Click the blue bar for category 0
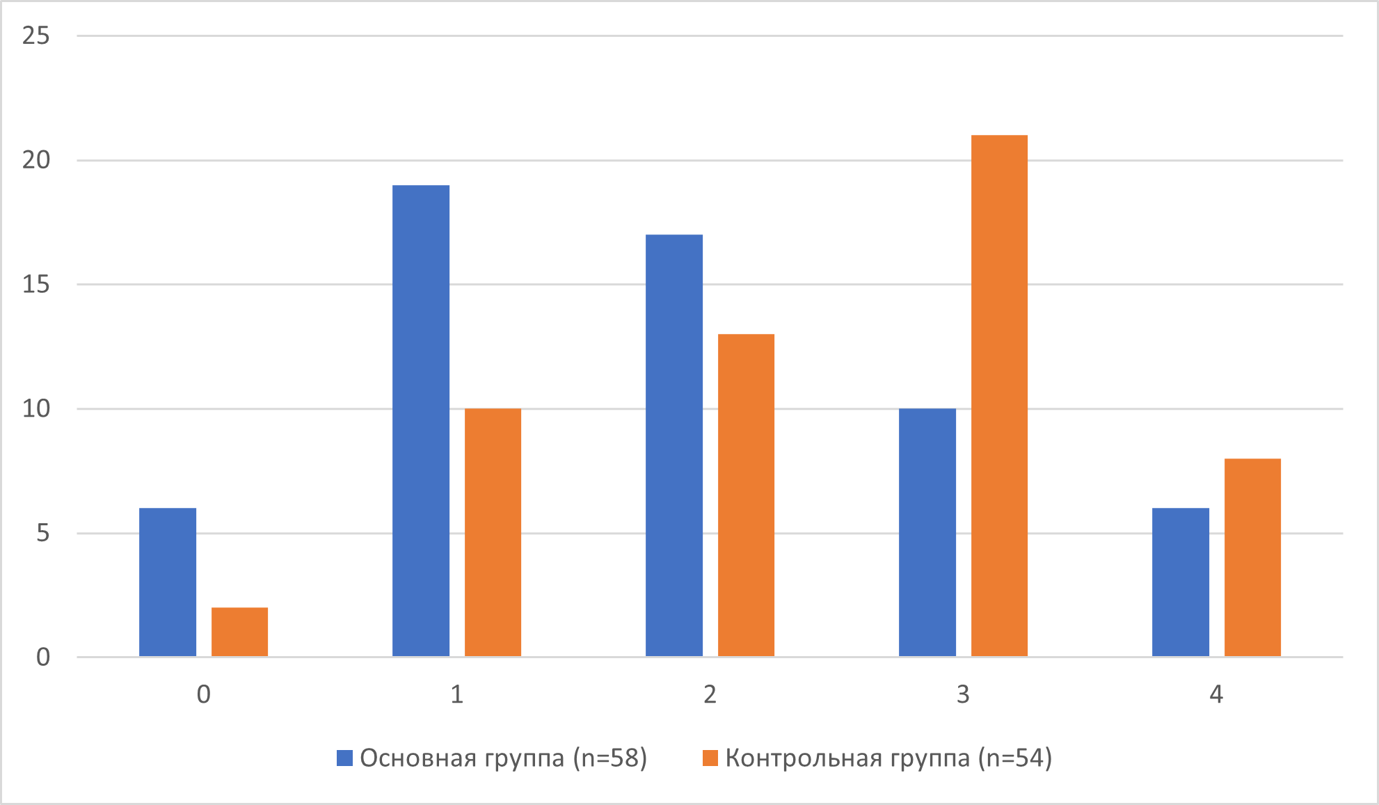pos(168,582)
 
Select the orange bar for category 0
pos(239,632)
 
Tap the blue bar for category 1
pos(421,421)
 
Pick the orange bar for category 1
pos(493,532)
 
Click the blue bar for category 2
pos(674,445)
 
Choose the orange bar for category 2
pos(746,495)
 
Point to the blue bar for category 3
pos(927,532)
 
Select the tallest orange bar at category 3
pos(999,396)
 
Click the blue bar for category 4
pos(1181,582)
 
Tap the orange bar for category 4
pos(1252,557)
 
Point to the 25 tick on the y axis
pos(36,35)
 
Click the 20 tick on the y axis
pos(36,160)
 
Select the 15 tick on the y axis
pos(36,284)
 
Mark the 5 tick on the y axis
pos(43,533)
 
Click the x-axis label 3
pos(963,694)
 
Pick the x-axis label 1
pos(456,694)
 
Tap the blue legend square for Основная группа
pos(344,758)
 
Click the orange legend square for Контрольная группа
pos(710,758)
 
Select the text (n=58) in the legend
pos(610,758)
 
